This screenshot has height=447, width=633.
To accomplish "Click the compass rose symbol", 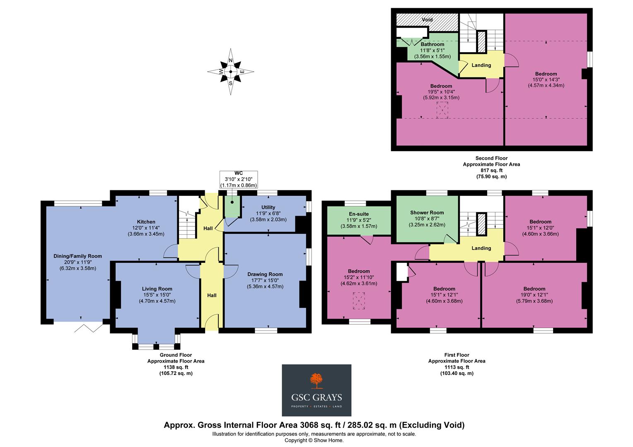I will tap(231, 72).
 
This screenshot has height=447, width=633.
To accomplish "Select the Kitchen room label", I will tap(146, 222).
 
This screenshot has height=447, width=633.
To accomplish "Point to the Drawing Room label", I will tap(265, 274).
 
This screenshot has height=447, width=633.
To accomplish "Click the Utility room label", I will tap(268, 207).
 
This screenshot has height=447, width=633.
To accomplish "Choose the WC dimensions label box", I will tap(239, 179).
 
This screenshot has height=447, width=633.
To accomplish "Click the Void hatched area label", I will tap(427, 20).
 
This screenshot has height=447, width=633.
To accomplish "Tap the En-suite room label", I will tap(359, 214).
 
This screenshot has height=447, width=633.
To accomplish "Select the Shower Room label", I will tap(427, 213).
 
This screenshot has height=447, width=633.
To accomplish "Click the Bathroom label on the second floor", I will tap(432, 44).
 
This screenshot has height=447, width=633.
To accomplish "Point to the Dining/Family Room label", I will tap(78, 256).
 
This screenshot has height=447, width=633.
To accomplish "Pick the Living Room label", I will tap(157, 289).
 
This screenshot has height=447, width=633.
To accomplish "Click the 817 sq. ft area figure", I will tap(491, 170).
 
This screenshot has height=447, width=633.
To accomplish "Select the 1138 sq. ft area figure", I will tap(176, 367).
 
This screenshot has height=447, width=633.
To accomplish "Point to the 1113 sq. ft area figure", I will tap(457, 367).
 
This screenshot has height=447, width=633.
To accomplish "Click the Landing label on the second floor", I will tap(481, 65).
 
